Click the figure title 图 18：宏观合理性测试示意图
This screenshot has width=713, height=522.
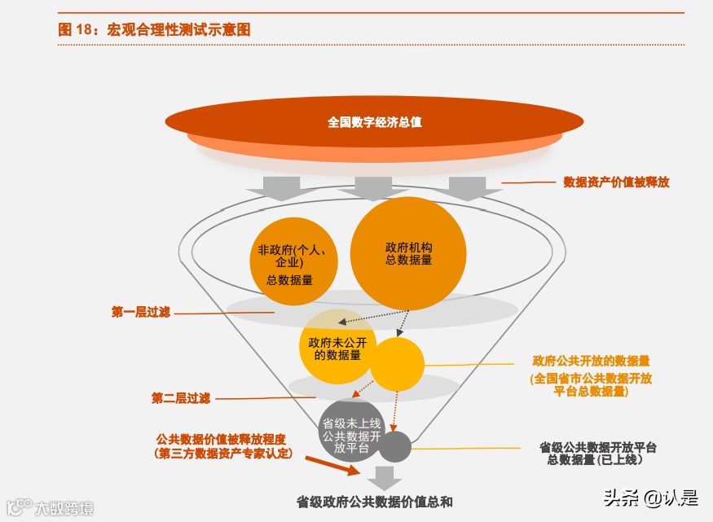point(154,29)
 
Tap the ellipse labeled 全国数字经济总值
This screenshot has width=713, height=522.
point(374,122)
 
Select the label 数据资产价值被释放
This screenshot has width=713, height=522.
point(616,182)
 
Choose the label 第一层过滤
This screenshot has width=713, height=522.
point(140,312)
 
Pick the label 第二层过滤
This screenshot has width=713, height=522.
point(180,398)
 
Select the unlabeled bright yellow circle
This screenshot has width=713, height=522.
point(398,364)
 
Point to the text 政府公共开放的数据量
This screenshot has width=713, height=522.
point(591,361)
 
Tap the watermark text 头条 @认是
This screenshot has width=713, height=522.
point(650,497)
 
